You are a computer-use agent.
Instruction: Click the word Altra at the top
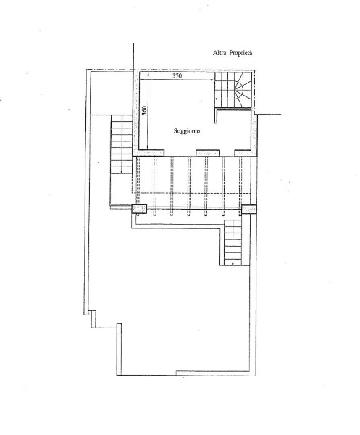pos(219,53)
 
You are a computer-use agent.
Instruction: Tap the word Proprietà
pos(240,53)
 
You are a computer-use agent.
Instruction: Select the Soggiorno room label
pos(187,131)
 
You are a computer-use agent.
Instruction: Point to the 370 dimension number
pos(177,75)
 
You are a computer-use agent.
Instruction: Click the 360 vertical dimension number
pos(144,110)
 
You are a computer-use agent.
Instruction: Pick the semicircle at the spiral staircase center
pos(240,89)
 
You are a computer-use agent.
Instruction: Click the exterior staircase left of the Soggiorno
pos(122,144)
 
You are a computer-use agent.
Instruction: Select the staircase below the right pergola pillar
pos(233,242)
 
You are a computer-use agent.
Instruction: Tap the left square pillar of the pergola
pos(139,210)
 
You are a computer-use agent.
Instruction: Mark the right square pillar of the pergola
pos(249,210)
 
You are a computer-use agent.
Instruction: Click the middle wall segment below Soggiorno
pos(208,153)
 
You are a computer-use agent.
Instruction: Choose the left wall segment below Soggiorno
pos(148,153)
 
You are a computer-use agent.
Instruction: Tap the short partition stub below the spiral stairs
pos(216,117)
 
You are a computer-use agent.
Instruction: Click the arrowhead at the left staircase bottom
pos(122,172)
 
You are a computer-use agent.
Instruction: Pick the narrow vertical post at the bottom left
pos(119,349)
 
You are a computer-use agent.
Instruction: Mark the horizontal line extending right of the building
pos(268,115)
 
